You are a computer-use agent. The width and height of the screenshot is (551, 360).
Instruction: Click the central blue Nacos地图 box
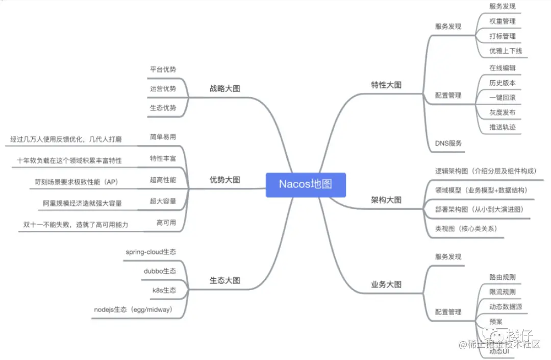click(x=306, y=184)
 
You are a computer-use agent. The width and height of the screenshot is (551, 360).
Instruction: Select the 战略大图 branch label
click(x=225, y=88)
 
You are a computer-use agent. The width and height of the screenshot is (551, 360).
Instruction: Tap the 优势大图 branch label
click(x=225, y=180)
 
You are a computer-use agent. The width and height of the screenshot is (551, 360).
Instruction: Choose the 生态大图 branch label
click(x=225, y=280)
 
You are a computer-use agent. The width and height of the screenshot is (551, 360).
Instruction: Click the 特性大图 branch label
click(x=386, y=85)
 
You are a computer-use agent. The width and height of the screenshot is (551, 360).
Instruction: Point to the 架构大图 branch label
click(x=386, y=200)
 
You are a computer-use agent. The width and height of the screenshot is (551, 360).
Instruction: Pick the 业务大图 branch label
click(x=386, y=284)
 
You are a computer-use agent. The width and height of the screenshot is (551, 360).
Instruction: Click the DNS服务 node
click(x=448, y=143)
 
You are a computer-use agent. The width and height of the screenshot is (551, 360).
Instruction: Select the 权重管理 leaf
click(x=503, y=21)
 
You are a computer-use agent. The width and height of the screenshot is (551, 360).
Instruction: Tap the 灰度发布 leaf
click(x=503, y=112)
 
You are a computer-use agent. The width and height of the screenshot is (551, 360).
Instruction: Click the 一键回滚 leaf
click(x=503, y=98)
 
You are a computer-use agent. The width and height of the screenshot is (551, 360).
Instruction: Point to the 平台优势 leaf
click(x=163, y=69)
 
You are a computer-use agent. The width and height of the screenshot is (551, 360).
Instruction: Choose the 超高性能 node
click(x=163, y=180)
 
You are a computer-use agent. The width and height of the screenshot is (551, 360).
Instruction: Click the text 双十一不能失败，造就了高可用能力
click(x=76, y=224)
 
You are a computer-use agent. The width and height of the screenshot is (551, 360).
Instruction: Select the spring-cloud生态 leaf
click(x=151, y=252)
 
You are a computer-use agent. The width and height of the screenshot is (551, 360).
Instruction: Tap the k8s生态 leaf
click(x=164, y=290)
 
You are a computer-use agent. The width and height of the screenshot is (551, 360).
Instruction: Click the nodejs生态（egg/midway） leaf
click(x=133, y=309)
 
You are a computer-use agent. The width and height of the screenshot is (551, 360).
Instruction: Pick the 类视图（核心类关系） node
click(x=466, y=229)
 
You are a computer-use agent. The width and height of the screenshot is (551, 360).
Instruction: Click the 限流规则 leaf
click(x=503, y=292)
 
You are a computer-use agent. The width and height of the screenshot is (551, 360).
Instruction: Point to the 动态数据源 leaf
click(x=506, y=307)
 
